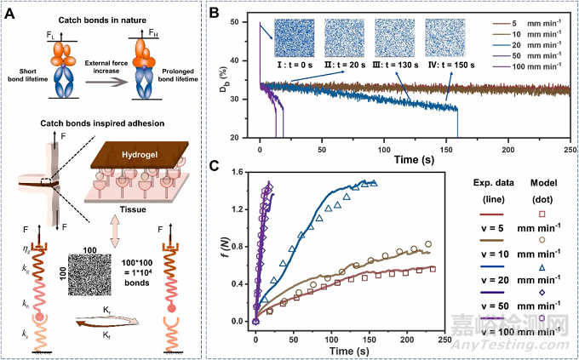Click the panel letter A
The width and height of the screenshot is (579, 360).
[x=12, y=12]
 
